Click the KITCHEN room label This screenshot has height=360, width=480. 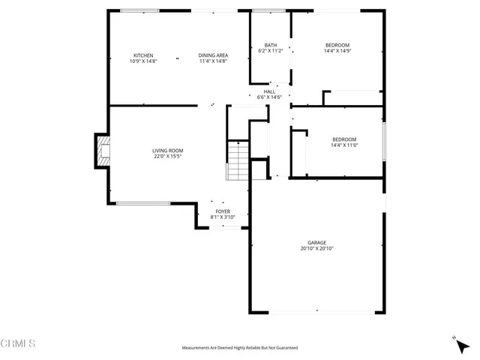click(x=143, y=55)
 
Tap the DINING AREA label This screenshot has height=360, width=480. click(x=213, y=55)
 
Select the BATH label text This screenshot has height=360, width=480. click(x=271, y=45)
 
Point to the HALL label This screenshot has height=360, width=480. click(x=270, y=91)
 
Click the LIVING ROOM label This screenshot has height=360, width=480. click(x=168, y=151)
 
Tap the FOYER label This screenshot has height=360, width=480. click(x=223, y=211)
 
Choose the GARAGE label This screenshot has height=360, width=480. click(x=316, y=242)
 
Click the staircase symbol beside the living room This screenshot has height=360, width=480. click(x=238, y=160)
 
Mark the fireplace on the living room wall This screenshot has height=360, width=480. click(x=102, y=152)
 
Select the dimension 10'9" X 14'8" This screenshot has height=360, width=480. click(x=143, y=61)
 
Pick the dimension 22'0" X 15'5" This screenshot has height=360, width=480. click(x=168, y=157)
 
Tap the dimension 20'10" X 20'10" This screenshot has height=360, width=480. click(x=316, y=248)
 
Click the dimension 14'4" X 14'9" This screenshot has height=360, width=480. click(x=337, y=51)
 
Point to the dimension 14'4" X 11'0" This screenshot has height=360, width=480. click(x=344, y=145)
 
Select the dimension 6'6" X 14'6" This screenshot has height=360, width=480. click(x=270, y=97)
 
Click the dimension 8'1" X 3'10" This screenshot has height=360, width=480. click(x=223, y=217)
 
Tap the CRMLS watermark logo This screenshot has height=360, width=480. click(x=19, y=344)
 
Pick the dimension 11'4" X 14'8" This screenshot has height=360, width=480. click(x=213, y=61)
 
